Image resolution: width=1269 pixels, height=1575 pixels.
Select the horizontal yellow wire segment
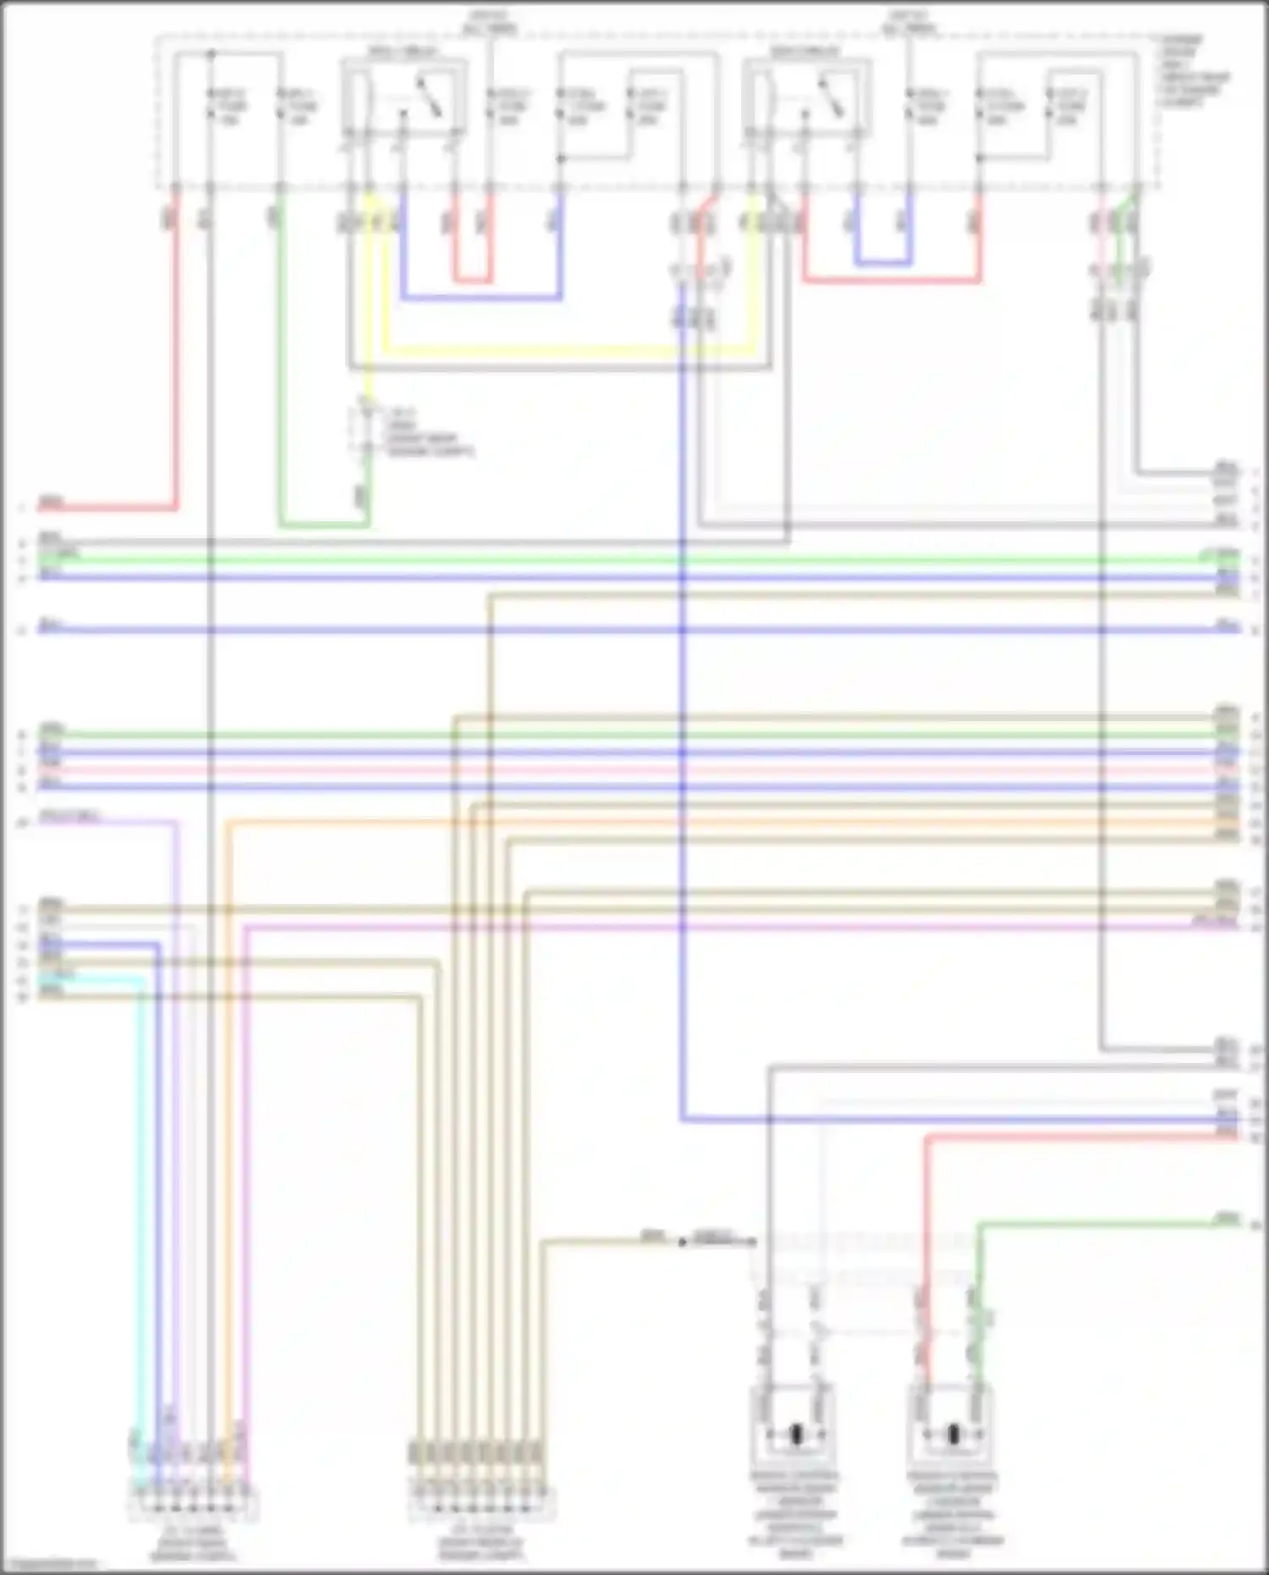click(x=567, y=349)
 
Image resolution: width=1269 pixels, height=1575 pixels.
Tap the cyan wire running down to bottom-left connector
click(x=140, y=1185)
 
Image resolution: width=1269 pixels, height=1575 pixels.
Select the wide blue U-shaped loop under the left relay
click(x=481, y=297)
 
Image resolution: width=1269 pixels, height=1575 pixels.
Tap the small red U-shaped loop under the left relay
click(x=471, y=280)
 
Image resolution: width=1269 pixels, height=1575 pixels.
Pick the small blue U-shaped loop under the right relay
click(x=882, y=263)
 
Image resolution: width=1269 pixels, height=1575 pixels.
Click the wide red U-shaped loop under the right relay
click(x=892, y=280)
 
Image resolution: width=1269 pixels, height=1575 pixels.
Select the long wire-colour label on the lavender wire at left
click(x=71, y=817)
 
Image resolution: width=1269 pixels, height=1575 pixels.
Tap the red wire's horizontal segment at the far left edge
click(x=102, y=509)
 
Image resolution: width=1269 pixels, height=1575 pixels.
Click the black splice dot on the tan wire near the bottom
click(x=682, y=1242)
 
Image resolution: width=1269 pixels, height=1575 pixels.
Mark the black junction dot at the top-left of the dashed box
click(x=211, y=54)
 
